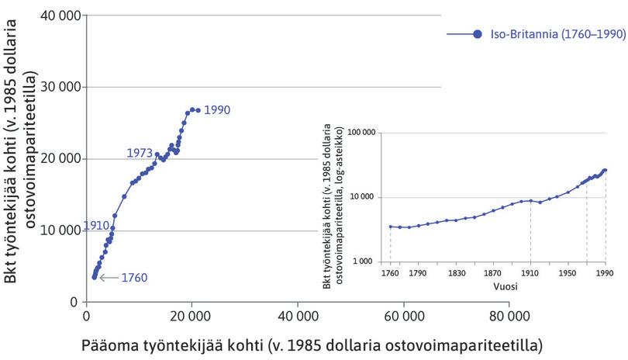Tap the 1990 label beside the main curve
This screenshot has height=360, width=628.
point(219,110)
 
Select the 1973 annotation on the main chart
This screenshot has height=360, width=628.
point(139,154)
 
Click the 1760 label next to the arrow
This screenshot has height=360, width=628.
point(134,278)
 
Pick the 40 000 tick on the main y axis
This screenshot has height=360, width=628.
point(60,16)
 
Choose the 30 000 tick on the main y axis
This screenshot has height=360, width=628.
point(60,87)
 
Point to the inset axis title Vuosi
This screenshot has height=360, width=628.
point(505,286)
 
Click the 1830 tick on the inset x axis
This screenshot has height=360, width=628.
point(456,273)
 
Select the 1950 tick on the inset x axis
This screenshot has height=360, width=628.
point(568,273)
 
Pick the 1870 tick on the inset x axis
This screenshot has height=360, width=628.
point(493,273)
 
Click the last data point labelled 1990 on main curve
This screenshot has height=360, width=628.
point(198,110)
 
